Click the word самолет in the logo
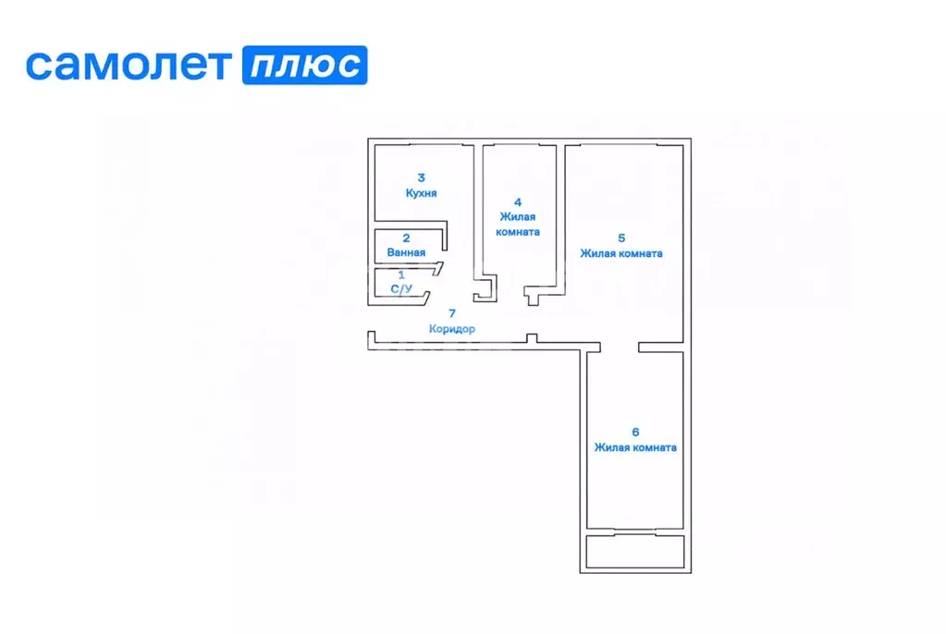128,66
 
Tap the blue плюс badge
304,66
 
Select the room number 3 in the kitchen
421,177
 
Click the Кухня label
421,193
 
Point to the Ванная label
407,251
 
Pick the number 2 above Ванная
406,238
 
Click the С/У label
401,289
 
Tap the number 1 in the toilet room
400,275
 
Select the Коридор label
452,329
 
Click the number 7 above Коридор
452,314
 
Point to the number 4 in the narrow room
518,201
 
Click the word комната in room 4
518,232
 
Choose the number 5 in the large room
621,237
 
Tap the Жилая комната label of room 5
621,253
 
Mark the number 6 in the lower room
635,432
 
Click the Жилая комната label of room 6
635,448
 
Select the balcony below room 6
635,552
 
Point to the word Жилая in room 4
518,217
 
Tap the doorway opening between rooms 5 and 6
619,347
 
